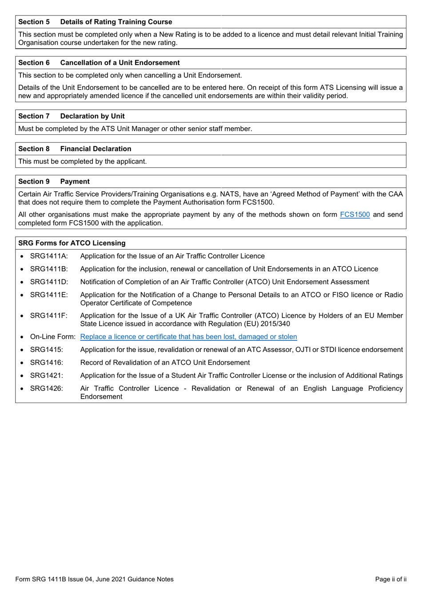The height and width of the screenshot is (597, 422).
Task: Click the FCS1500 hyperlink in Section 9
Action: pos(354,214)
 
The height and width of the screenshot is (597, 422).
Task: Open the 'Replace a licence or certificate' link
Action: pos(188,337)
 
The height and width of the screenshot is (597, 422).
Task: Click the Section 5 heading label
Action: pos(34,22)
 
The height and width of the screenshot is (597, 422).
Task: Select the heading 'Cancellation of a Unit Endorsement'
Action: pos(120,63)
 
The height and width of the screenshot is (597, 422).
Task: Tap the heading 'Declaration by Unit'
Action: pos(92,116)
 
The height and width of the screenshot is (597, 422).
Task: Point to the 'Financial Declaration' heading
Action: pos(96,149)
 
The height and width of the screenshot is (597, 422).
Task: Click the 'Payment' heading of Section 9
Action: pos(75,182)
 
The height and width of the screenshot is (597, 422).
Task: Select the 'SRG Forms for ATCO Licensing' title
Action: pos(72,243)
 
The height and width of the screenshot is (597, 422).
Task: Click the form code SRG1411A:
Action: pos(49,256)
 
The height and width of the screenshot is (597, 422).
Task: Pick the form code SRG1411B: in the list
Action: pos(49,269)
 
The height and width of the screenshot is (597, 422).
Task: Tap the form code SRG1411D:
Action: pos(49,282)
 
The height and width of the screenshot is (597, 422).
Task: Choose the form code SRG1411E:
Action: pos(49,295)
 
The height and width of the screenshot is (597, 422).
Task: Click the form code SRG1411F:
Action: pos(49,316)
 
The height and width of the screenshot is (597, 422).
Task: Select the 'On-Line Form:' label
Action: pos(52,337)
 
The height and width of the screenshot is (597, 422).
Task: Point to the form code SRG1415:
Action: pos(47,350)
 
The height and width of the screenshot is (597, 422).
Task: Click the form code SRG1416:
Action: pos(47,363)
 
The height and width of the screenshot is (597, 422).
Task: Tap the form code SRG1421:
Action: pos(47,375)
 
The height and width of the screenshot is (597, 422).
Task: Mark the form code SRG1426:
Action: pos(47,389)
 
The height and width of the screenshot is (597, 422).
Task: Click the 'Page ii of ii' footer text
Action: pos(390,579)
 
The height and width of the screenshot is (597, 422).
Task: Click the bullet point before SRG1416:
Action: pos(22,363)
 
